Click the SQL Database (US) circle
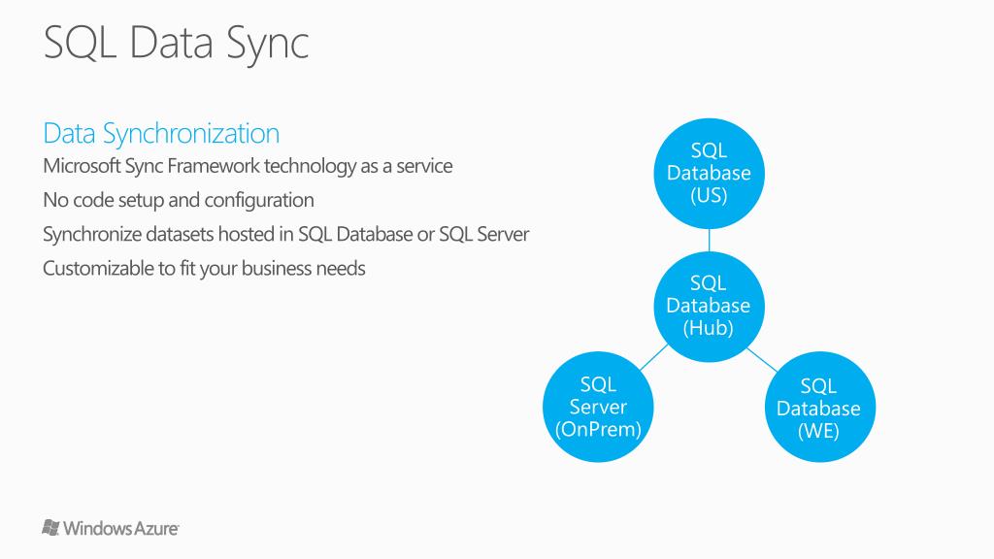coord(709,173)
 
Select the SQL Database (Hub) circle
coord(709,305)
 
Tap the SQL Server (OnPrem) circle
coord(598,407)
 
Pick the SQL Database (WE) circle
coord(818,409)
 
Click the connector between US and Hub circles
coord(709,240)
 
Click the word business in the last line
coord(277,269)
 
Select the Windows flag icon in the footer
coord(51,528)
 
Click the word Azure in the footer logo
coord(157,529)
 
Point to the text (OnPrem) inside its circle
coord(598,429)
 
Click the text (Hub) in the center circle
coord(709,328)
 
